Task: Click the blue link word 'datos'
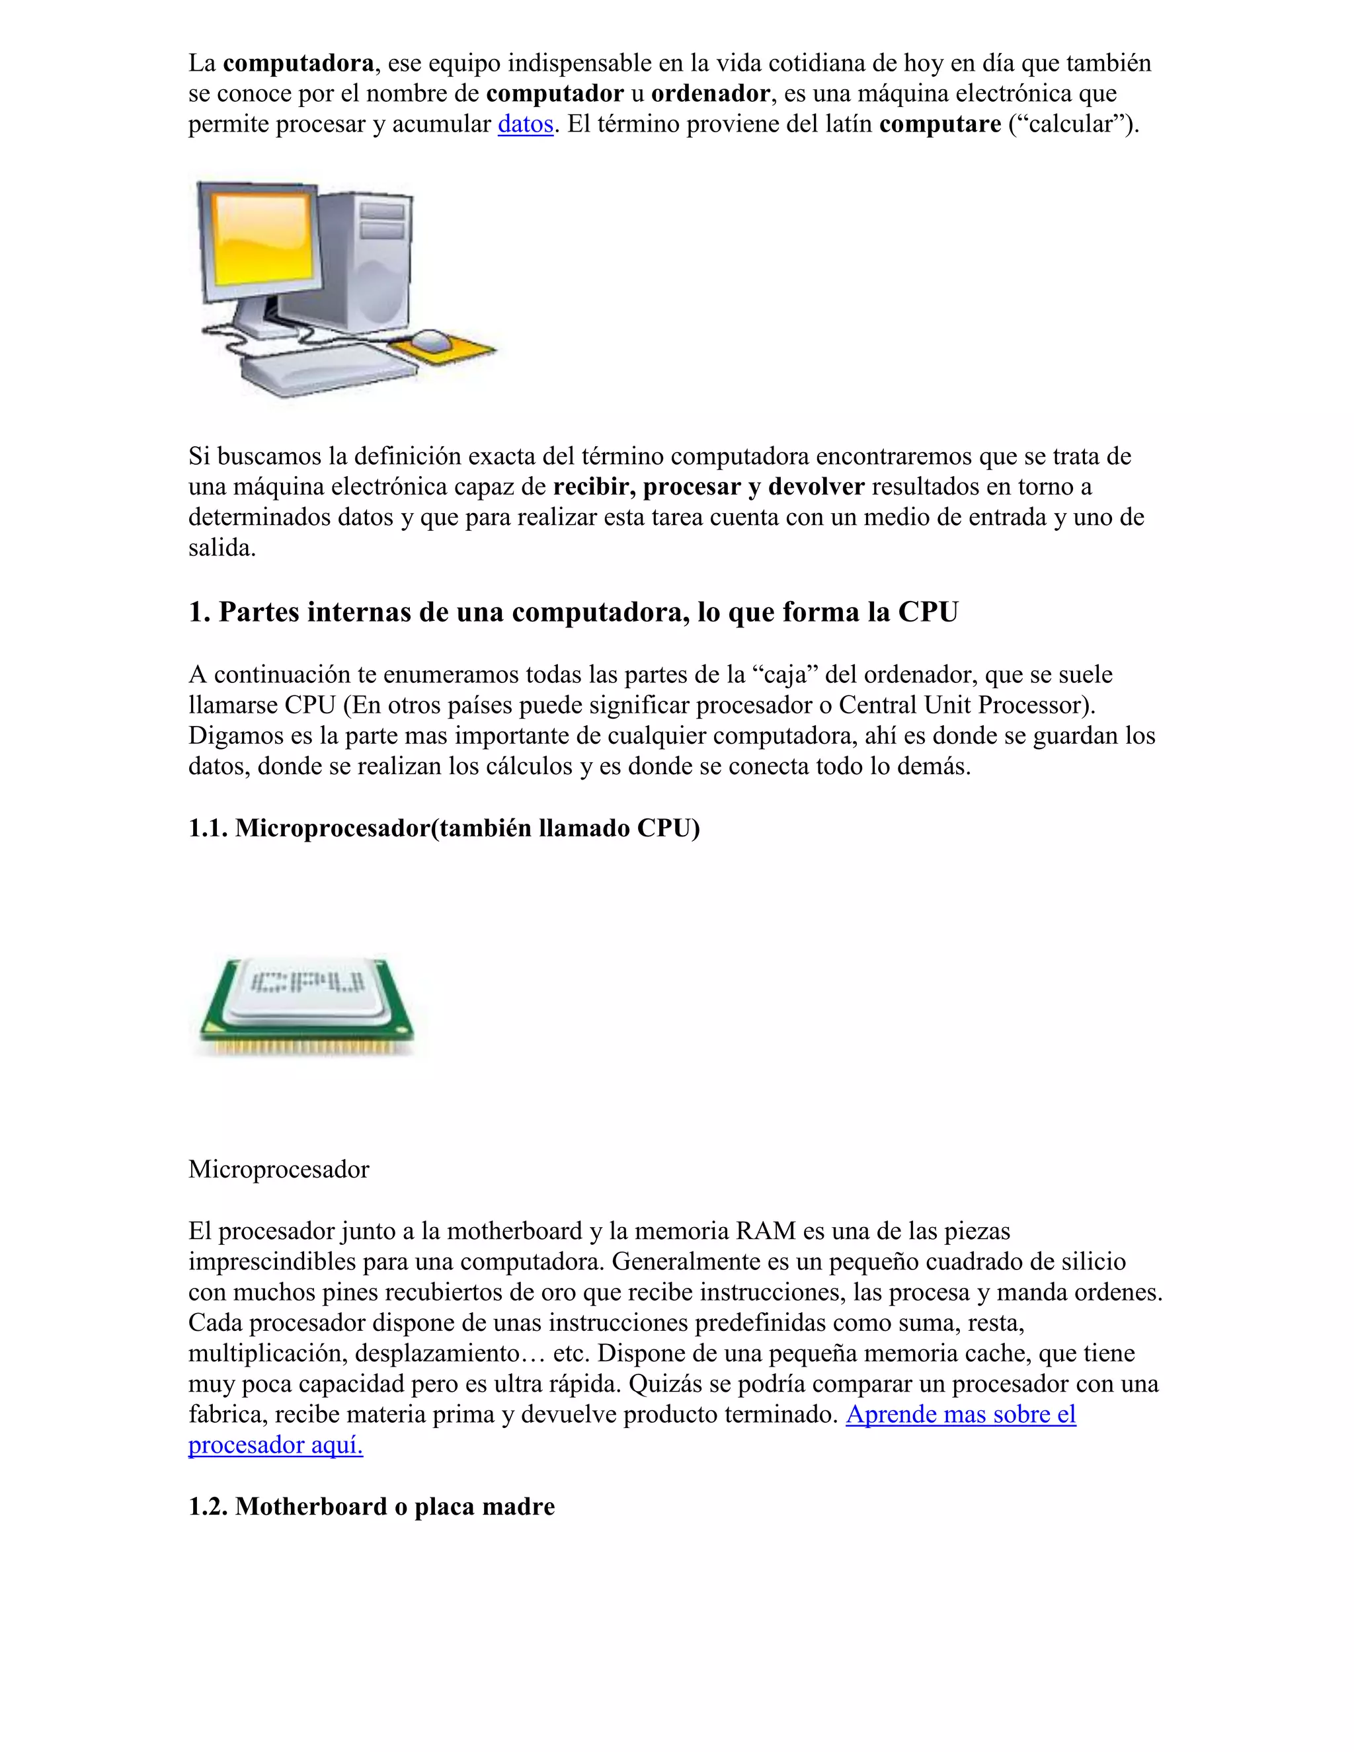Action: point(526,124)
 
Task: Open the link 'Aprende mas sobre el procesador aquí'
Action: point(960,1414)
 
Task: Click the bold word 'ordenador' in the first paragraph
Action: point(710,94)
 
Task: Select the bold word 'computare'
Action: point(939,124)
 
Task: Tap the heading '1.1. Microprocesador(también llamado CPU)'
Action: point(444,828)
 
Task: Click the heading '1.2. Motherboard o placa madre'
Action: point(372,1507)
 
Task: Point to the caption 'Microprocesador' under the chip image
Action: point(278,1170)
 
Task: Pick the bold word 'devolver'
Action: point(816,487)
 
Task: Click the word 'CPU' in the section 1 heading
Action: point(928,612)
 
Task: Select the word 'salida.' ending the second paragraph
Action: point(222,548)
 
